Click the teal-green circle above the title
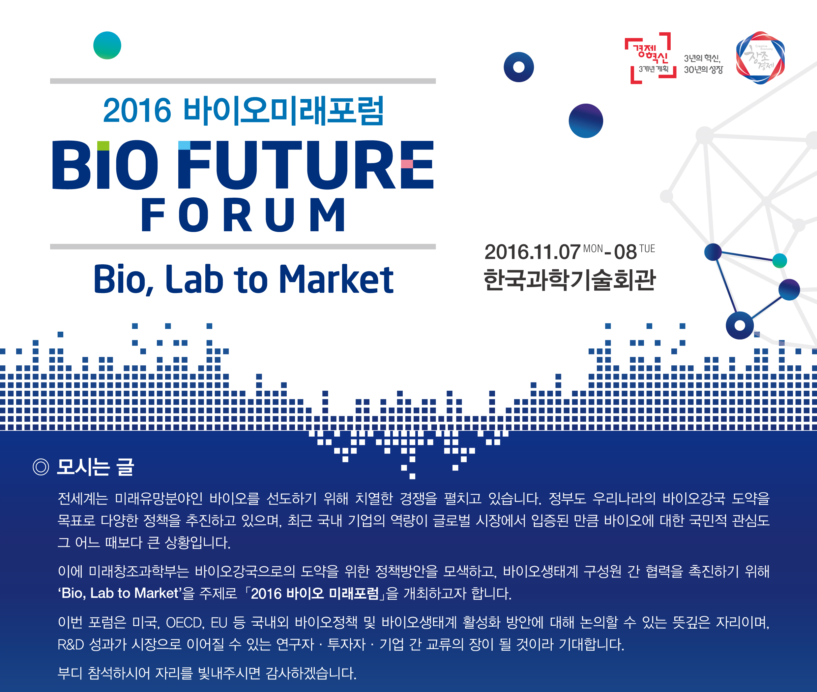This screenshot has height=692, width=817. point(107,46)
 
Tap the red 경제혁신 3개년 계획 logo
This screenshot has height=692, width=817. point(651,58)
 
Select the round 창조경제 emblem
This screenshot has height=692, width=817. point(760,58)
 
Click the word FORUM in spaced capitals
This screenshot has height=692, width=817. point(243,215)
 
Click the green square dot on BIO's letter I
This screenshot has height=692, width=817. point(103,146)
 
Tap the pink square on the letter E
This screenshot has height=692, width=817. point(407,164)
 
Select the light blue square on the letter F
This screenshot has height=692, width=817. point(184,145)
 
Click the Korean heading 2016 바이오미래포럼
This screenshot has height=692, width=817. point(243,111)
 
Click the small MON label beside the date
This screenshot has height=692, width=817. point(593,249)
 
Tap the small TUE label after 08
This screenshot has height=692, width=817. point(647,249)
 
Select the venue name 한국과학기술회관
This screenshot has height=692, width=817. point(569,280)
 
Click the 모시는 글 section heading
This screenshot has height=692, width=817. point(96,467)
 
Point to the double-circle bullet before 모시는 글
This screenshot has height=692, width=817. point(41,467)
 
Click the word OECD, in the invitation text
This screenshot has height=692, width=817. point(185,623)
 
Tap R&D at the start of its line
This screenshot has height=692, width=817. point(71,644)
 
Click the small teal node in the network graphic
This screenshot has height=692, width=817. point(779,260)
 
